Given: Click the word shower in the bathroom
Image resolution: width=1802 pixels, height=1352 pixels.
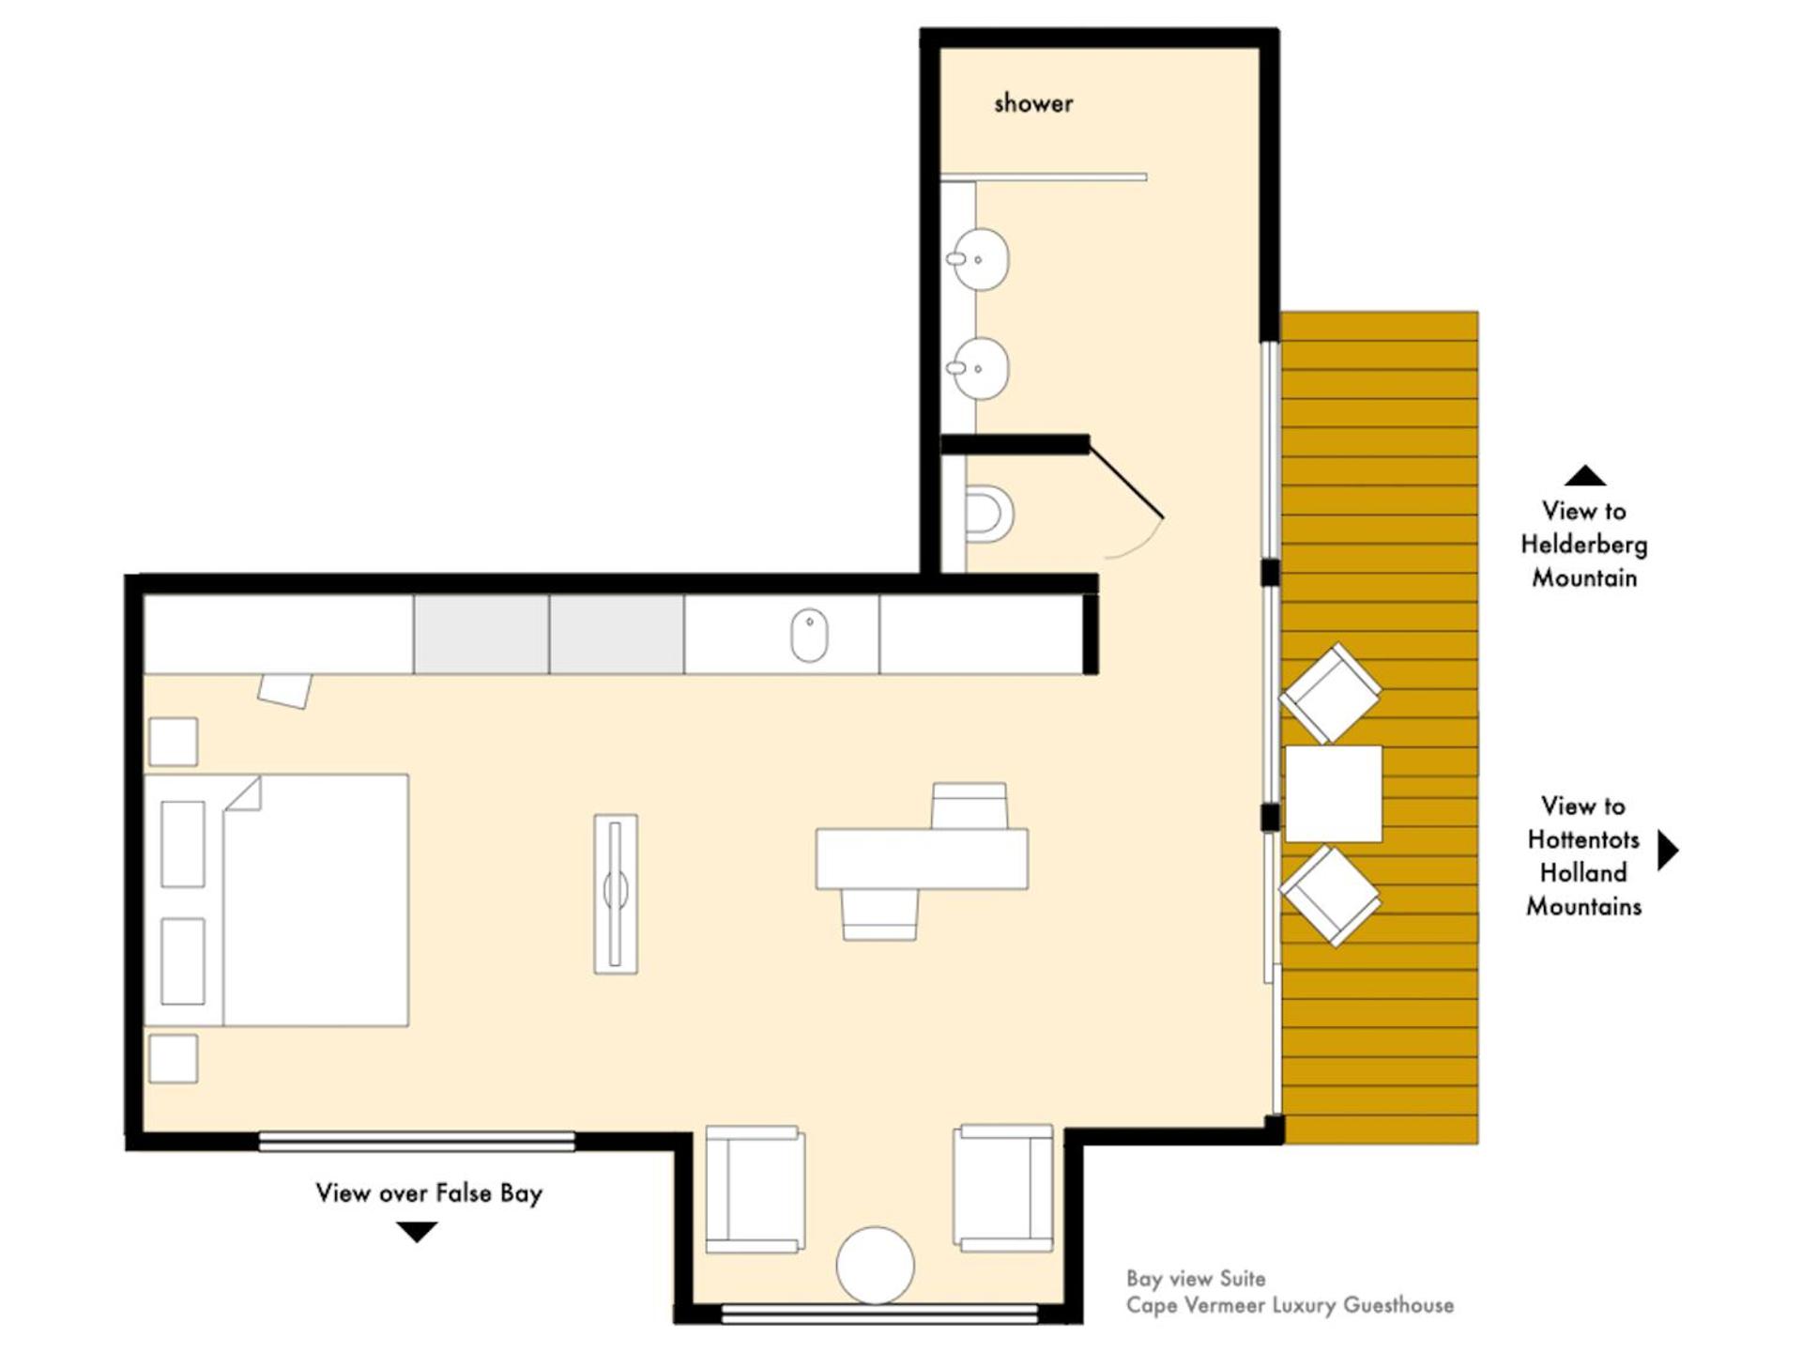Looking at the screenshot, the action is (x=1033, y=103).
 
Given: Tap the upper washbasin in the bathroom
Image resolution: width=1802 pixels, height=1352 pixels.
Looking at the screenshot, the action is (x=978, y=259).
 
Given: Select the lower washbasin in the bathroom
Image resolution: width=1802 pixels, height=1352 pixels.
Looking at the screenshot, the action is (x=978, y=369).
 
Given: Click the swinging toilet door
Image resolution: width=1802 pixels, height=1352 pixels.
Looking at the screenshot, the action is (x=1126, y=482).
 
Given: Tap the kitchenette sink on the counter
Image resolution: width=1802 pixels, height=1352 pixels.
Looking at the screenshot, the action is (x=809, y=636).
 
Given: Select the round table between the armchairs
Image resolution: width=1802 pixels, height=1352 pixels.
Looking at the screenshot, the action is (x=875, y=1266).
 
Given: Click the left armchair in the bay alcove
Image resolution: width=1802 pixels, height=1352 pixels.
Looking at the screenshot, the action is (x=755, y=1190).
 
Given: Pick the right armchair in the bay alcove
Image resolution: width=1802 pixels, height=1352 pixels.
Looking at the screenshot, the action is (x=1003, y=1188).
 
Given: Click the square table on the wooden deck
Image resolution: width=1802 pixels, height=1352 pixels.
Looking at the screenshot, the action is (x=1334, y=794).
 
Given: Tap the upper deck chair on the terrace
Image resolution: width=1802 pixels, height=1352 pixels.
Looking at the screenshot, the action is (x=1330, y=693).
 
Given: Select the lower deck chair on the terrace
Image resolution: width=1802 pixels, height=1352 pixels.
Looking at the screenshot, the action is (x=1330, y=896).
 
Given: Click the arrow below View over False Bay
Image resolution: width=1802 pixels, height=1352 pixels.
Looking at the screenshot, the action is (x=417, y=1232).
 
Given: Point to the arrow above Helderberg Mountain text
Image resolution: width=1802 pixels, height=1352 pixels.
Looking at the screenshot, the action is (x=1585, y=475).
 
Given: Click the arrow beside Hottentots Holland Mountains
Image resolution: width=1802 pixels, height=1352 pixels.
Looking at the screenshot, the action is (x=1668, y=851).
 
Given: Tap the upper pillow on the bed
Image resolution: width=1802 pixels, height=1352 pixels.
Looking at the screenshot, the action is (x=183, y=844).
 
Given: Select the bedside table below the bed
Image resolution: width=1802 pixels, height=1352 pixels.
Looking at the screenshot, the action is (x=174, y=1058).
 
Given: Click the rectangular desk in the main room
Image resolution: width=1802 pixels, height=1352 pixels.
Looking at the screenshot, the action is (x=922, y=858).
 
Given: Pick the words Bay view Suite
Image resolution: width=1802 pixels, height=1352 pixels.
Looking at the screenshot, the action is (x=1196, y=1279).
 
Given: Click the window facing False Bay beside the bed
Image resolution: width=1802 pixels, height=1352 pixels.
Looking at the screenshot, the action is (x=417, y=1141).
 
